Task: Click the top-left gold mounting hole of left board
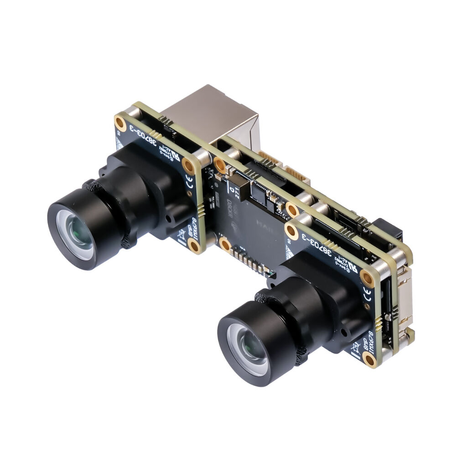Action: click(x=120, y=122)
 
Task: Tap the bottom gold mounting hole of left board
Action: click(x=194, y=246)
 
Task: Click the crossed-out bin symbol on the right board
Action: click(x=356, y=349)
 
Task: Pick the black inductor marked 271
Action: click(x=238, y=187)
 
